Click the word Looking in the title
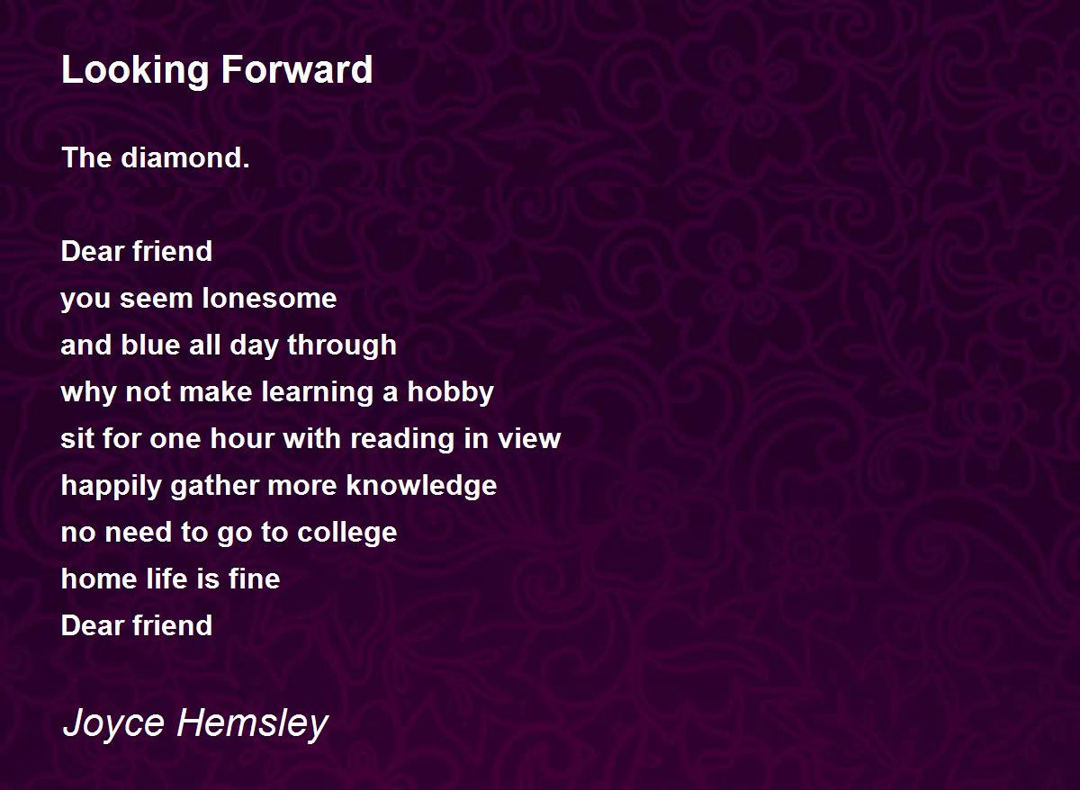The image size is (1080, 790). coord(135,71)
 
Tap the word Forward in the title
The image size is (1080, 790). coord(297,69)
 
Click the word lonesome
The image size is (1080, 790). coord(269,299)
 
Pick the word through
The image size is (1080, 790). coord(342,346)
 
